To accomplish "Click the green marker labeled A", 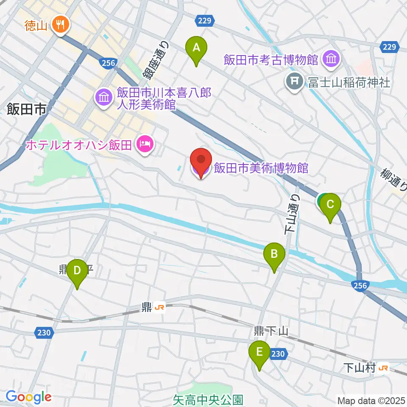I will [196, 48].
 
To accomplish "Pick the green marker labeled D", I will [77, 271].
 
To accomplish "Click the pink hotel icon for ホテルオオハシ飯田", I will [145, 145].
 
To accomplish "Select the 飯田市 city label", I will [26, 111].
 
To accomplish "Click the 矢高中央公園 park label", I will [208, 399].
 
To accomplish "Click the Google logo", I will [28, 397].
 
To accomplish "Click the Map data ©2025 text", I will [371, 400].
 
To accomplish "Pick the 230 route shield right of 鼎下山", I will [278, 353].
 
